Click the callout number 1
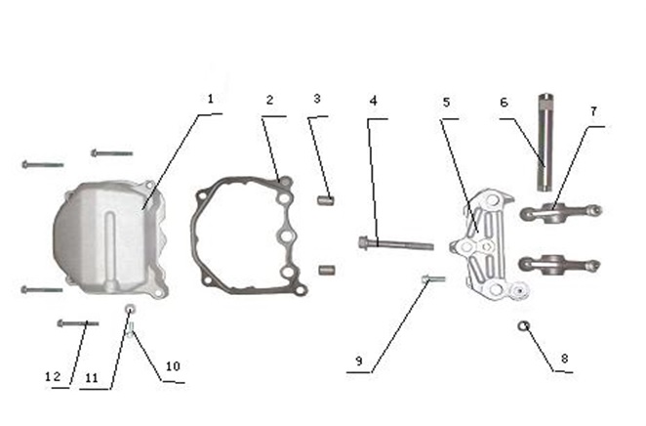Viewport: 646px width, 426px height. tap(211, 99)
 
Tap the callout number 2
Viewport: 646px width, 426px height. tap(270, 101)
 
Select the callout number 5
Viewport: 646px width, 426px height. tap(447, 103)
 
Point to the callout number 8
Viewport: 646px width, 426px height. tap(564, 359)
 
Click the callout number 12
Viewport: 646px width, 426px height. tap(53, 376)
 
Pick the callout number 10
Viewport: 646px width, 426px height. tap(173, 366)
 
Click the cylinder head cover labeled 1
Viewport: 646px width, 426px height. tap(110, 238)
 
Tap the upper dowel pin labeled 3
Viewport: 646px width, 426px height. tap(326, 201)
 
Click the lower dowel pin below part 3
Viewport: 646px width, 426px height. tap(327, 271)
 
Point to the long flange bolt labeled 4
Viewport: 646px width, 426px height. tap(396, 243)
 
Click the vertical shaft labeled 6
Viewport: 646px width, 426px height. tap(545, 143)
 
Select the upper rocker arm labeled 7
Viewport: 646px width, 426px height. tap(561, 212)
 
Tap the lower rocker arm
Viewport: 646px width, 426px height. tap(559, 263)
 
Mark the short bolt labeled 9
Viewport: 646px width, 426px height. tap(433, 279)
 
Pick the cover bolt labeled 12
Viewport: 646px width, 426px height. tap(77, 323)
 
